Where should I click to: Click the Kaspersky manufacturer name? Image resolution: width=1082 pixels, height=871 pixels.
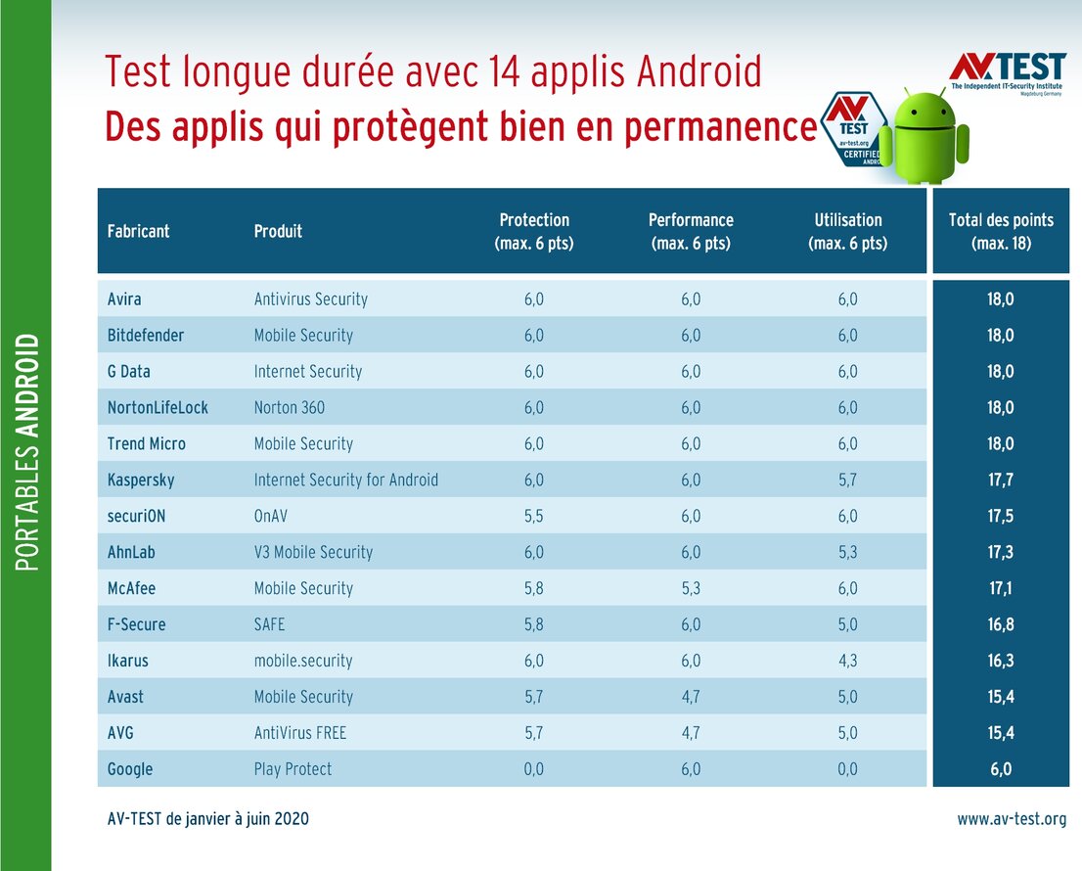click(x=141, y=481)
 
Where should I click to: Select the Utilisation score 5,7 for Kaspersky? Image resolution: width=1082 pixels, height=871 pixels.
click(x=847, y=481)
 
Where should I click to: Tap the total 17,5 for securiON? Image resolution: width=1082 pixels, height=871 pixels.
click(x=1000, y=517)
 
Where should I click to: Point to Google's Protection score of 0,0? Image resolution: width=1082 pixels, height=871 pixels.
click(x=533, y=769)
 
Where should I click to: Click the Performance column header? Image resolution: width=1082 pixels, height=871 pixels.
click(x=691, y=231)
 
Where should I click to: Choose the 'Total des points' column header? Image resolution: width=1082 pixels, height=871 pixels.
click(x=1000, y=231)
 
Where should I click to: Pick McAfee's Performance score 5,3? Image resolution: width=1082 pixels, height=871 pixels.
click(x=691, y=589)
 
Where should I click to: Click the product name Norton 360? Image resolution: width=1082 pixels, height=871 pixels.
click(x=290, y=408)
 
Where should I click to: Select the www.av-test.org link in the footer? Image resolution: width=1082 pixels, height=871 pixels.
click(x=1012, y=819)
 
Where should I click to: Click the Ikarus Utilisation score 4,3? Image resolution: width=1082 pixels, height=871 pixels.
click(x=847, y=662)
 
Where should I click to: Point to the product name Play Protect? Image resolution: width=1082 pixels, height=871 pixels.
click(x=293, y=769)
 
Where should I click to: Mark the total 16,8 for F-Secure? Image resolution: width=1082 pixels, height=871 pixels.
click(x=1000, y=625)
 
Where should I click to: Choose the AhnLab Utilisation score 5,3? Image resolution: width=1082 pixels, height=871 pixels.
click(x=847, y=553)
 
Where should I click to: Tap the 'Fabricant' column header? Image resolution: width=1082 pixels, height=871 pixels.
click(x=138, y=232)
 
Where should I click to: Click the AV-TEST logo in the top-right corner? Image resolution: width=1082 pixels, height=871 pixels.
click(x=1007, y=74)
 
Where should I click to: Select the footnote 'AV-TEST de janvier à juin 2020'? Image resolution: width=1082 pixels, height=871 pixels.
click(x=207, y=819)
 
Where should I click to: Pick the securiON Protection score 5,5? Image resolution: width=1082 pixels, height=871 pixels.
click(x=533, y=517)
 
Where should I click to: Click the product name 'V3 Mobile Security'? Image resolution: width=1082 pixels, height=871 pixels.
click(x=313, y=553)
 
